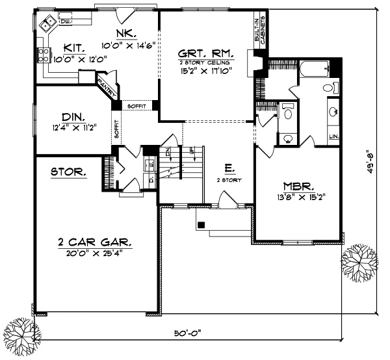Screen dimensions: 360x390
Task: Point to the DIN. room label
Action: (x=74, y=117)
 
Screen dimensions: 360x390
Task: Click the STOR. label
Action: (x=69, y=172)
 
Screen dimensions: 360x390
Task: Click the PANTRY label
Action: (x=106, y=83)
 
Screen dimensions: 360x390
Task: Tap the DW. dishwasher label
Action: (x=64, y=21)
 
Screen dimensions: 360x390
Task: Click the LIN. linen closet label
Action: (x=333, y=136)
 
